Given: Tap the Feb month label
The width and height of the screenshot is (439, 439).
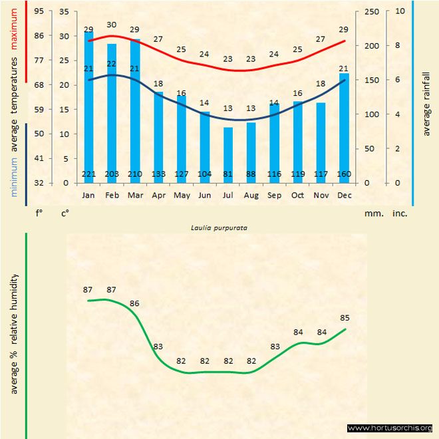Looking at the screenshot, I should [112, 196].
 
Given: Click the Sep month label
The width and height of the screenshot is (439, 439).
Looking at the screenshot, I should [275, 196].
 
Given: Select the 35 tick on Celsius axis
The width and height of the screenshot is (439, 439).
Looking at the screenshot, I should [64, 11].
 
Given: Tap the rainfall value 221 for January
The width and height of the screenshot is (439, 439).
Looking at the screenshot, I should [89, 174].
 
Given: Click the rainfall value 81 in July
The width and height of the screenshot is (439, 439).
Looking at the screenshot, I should [228, 174].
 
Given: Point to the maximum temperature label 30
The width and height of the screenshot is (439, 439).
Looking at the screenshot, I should [112, 25].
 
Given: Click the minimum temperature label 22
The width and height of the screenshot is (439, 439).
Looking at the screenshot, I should [112, 63].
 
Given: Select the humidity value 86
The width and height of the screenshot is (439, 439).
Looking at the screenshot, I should [135, 303].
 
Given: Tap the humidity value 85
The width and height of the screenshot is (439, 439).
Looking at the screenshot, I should [345, 317].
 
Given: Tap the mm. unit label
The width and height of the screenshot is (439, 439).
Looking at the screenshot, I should [372, 214].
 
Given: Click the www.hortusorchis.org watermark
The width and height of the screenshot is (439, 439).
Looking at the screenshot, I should [390, 428].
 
